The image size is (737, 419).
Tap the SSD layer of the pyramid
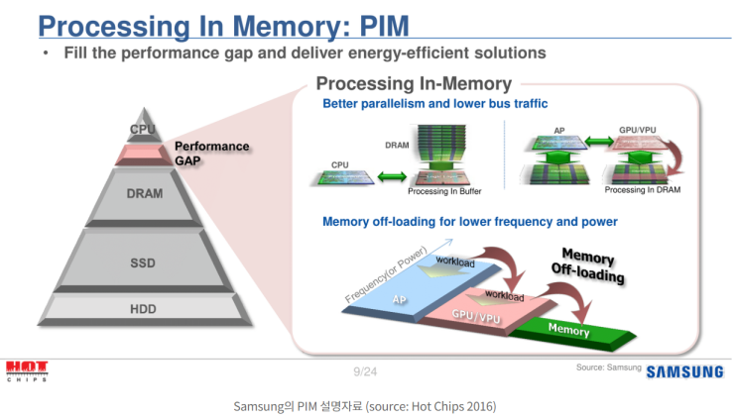(x=143, y=263)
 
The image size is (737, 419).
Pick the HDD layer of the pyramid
(x=143, y=309)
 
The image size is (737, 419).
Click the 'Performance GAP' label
(x=211, y=153)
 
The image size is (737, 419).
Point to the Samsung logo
(x=684, y=372)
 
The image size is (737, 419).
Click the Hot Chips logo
(x=26, y=370)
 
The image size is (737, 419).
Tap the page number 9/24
(x=365, y=371)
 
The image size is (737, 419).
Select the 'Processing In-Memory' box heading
(x=414, y=84)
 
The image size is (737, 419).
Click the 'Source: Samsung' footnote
(x=607, y=367)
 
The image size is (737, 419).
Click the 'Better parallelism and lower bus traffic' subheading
(x=434, y=104)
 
